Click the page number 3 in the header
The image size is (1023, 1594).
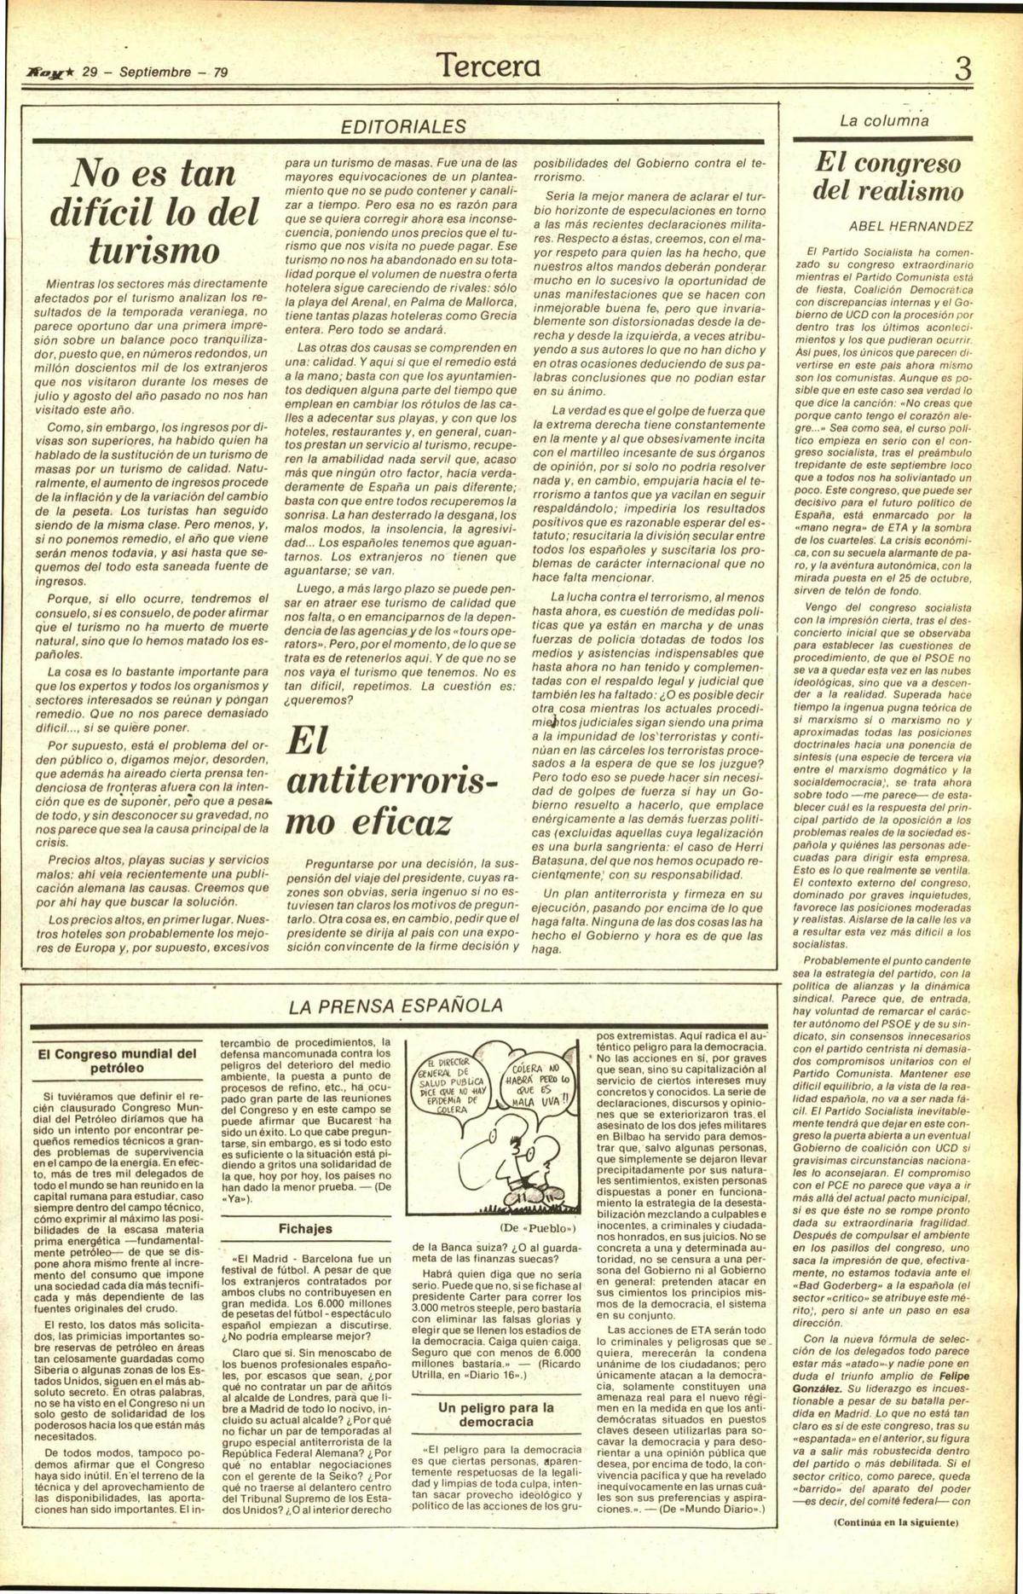(x=963, y=68)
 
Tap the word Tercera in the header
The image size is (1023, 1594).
(x=488, y=66)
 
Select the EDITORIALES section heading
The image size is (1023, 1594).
(x=403, y=126)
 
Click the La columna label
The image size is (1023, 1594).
(x=883, y=120)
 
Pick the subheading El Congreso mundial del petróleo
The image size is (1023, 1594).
(x=118, y=1060)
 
